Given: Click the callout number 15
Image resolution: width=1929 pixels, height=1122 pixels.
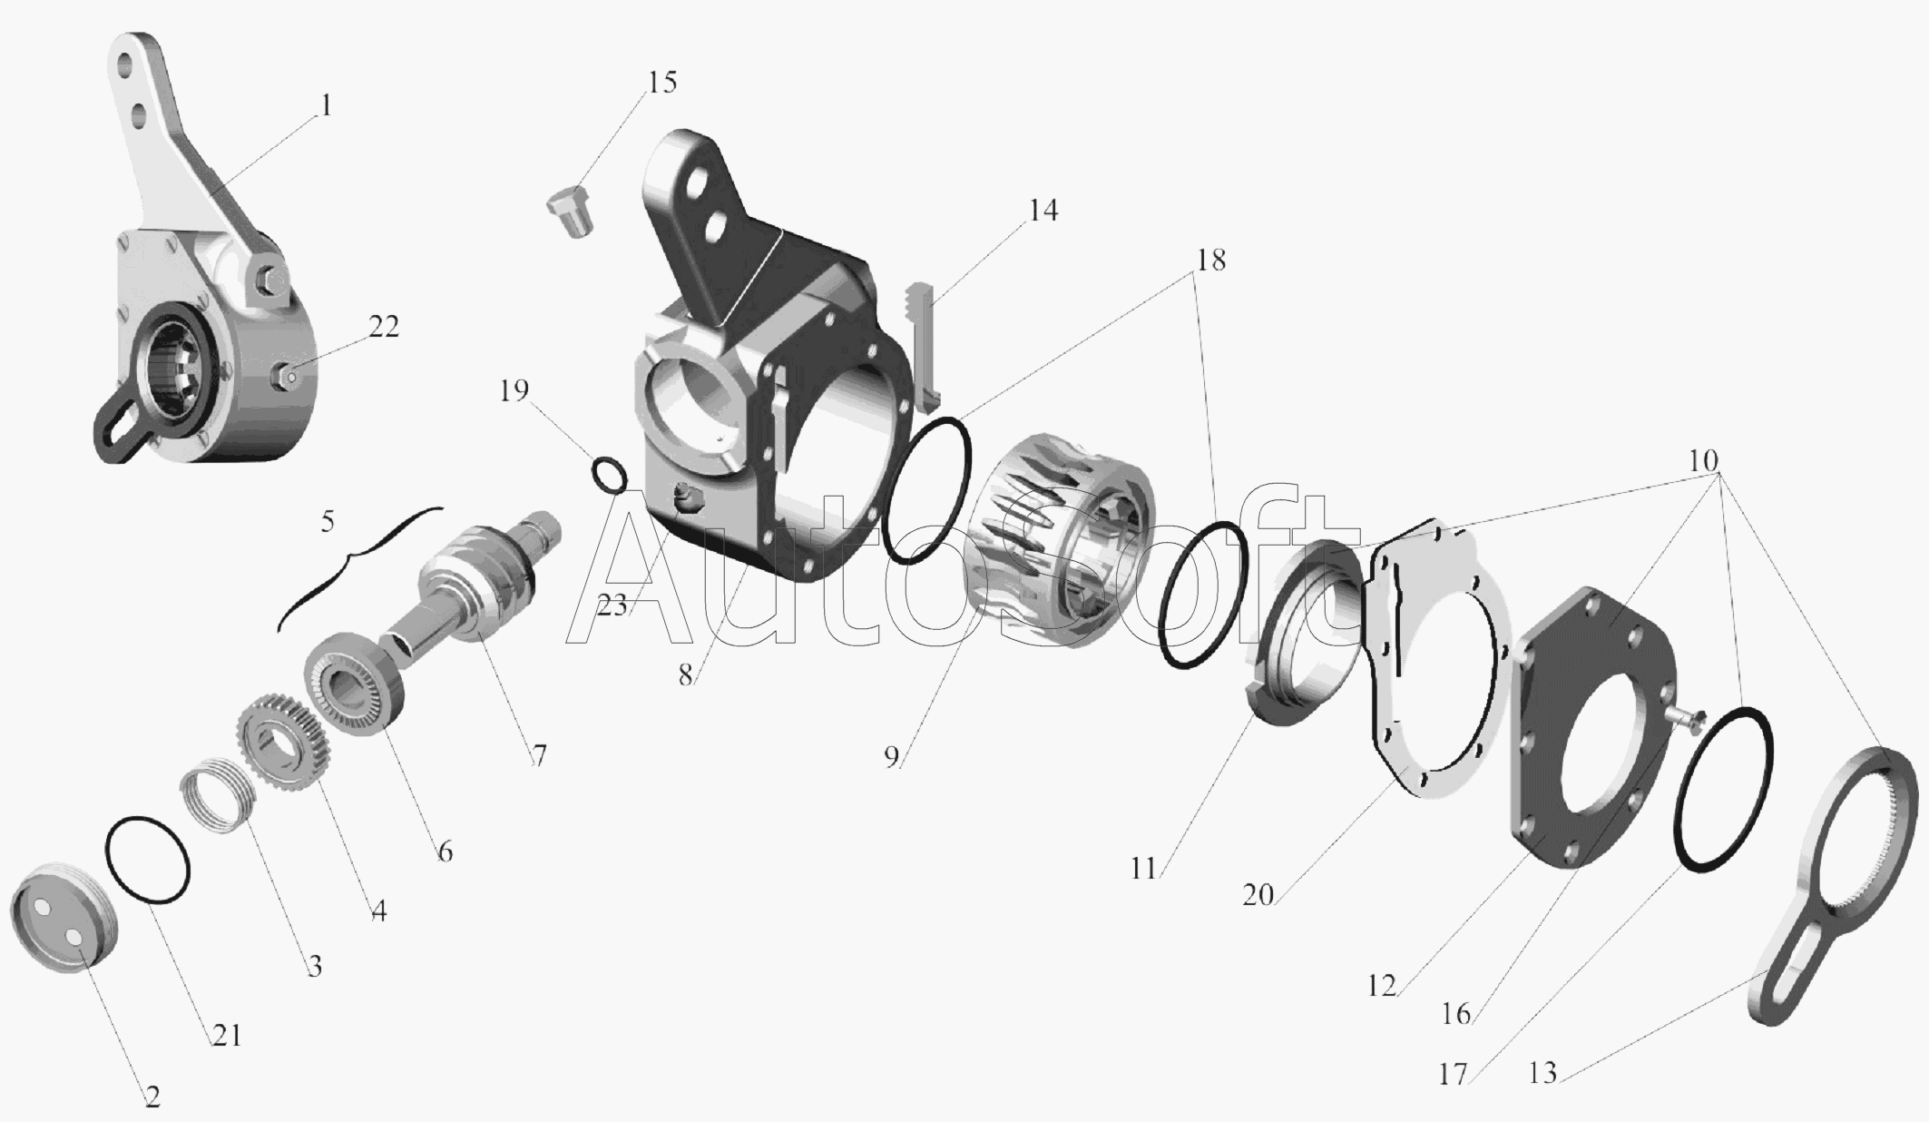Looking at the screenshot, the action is (661, 83).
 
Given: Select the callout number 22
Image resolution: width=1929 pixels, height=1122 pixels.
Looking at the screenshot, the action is (383, 327).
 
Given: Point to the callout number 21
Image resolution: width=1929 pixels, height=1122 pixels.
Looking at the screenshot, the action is (227, 1035).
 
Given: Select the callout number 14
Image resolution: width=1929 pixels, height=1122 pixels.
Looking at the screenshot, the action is (1043, 211).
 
